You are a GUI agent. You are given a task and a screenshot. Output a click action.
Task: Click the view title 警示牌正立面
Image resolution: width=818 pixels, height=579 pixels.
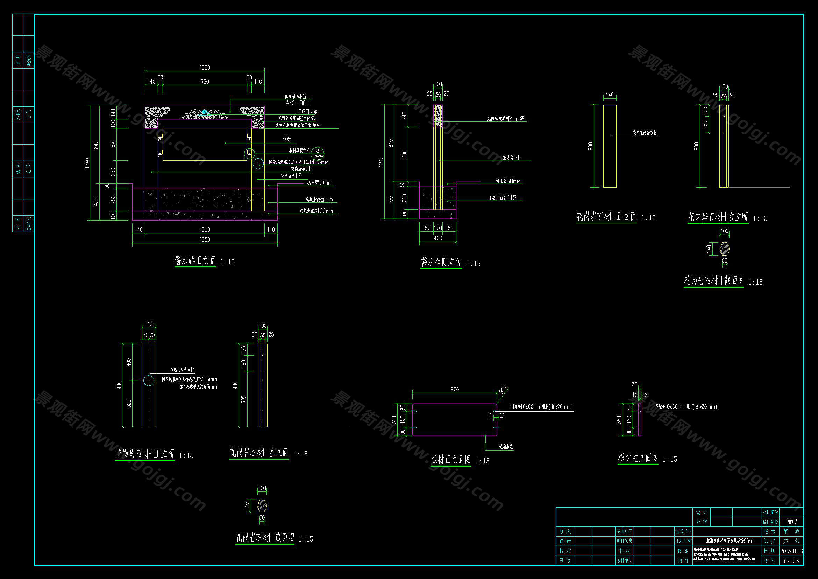[195, 261]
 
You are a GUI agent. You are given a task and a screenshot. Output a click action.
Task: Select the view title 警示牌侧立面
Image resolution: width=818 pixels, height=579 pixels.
[441, 263]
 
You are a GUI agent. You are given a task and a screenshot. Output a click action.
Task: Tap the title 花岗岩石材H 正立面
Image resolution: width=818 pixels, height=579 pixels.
[606, 217]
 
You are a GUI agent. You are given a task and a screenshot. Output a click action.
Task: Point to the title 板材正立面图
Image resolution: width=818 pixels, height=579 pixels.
[450, 460]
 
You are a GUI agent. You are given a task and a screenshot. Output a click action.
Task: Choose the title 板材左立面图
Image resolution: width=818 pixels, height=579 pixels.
[638, 458]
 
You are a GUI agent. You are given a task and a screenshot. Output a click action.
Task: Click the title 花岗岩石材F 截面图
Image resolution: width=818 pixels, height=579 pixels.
[265, 538]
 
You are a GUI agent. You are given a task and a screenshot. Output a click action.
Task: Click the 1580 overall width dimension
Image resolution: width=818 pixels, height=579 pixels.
[205, 239]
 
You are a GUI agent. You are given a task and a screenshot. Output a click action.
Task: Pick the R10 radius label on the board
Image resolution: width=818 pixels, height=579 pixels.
[503, 390]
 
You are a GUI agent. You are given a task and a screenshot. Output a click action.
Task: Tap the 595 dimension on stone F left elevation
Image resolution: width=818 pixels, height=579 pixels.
[244, 399]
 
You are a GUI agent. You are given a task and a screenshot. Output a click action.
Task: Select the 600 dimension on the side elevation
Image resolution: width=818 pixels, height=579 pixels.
[404, 154]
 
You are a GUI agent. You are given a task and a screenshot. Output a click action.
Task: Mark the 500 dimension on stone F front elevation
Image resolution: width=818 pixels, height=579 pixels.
[129, 404]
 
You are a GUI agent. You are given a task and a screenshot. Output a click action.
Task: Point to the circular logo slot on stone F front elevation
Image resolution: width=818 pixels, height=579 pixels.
[148, 381]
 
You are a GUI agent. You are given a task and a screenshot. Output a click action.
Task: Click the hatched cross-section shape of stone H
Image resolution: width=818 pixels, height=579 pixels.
[725, 249]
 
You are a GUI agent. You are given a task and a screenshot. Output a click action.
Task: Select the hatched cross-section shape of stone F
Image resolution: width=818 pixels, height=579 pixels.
[262, 505]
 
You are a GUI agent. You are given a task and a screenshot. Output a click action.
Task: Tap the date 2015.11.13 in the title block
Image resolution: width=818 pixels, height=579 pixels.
[791, 551]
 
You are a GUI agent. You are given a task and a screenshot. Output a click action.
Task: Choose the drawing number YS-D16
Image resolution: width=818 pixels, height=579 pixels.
[791, 561]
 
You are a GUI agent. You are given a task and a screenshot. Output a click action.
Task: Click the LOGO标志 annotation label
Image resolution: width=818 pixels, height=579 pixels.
[305, 112]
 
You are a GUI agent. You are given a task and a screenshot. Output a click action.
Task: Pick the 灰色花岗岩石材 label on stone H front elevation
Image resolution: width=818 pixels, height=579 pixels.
[645, 133]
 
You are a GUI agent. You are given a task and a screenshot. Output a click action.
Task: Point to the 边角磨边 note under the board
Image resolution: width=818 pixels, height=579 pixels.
[506, 447]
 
